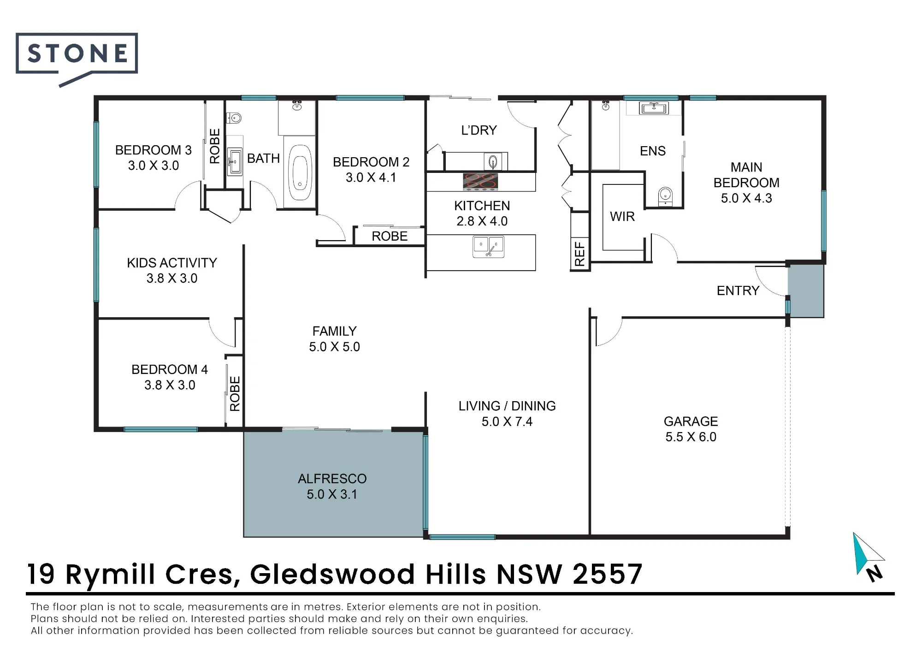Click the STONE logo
click(77, 59)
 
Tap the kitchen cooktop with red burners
click(480, 182)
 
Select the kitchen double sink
click(489, 247)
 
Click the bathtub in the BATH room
click(300, 172)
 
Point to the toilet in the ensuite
click(665, 196)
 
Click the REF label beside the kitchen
click(580, 254)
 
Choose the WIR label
click(622, 216)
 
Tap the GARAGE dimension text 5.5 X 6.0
click(691, 437)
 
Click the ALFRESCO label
click(332, 479)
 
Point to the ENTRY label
click(738, 290)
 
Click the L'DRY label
click(479, 130)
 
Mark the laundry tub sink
click(493, 162)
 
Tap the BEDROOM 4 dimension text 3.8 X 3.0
click(170, 385)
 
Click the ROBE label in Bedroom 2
click(390, 236)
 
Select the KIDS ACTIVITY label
click(172, 263)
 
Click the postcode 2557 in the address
click(608, 574)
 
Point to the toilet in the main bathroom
click(235, 118)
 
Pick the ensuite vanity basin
click(654, 108)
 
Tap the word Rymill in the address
click(110, 575)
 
